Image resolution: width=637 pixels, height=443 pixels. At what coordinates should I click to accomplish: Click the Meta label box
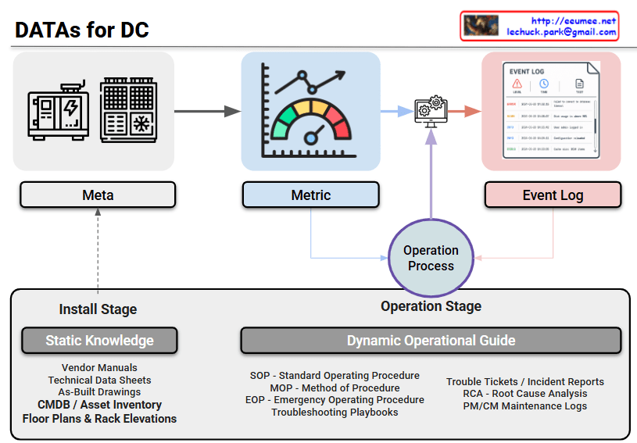(98, 195)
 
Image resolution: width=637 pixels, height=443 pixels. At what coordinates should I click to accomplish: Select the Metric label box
(310, 195)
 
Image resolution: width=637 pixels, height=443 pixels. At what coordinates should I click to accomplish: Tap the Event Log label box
(553, 195)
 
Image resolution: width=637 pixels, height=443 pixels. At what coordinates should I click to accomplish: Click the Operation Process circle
(431, 258)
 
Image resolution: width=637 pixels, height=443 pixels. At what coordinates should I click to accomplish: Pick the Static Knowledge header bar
(99, 340)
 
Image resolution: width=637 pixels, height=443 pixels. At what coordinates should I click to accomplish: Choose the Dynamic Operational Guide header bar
(431, 340)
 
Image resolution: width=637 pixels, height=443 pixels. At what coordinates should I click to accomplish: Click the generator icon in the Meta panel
(59, 110)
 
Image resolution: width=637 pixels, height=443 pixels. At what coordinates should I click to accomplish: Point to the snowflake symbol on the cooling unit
(141, 124)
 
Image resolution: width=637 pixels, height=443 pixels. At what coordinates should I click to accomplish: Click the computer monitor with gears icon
(430, 111)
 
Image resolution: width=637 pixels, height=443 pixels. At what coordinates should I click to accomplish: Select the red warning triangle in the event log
(517, 84)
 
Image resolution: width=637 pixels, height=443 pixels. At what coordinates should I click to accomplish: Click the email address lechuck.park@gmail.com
(561, 32)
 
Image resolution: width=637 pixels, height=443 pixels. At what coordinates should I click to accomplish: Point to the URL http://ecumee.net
(574, 20)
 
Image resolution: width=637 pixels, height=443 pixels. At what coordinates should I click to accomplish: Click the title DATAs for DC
(82, 30)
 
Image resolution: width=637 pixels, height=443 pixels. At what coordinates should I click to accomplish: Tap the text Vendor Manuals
(99, 368)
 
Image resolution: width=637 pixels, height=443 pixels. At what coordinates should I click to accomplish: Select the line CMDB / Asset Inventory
(99, 405)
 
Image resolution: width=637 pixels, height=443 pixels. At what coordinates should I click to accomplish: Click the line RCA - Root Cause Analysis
(524, 394)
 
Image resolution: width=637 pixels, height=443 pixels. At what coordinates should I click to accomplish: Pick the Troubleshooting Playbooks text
(335, 412)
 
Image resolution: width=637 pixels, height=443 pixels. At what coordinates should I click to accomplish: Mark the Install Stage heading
(98, 309)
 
